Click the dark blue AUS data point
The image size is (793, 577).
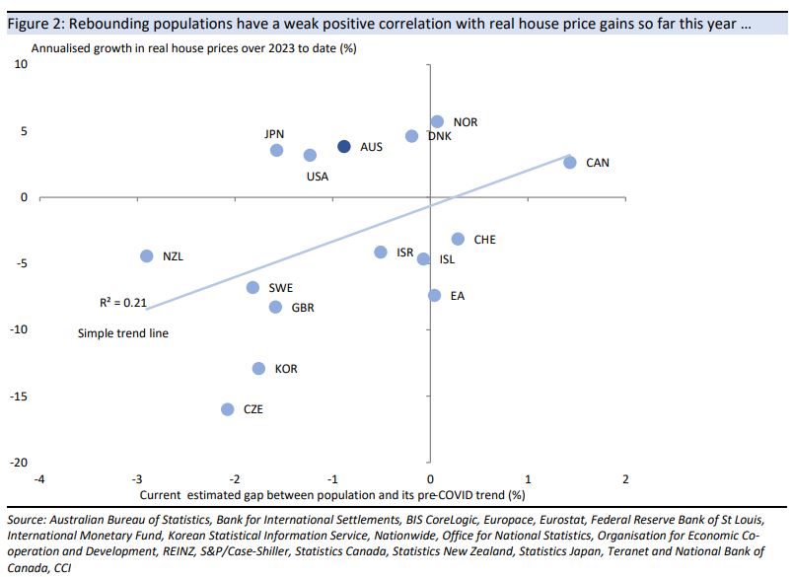pyautogui.click(x=344, y=146)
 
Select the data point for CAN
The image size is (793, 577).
pyautogui.click(x=570, y=162)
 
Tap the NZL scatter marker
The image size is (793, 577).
pyautogui.click(x=147, y=255)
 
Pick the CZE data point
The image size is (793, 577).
pyautogui.click(x=228, y=408)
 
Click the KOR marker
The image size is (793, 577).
pyautogui.click(x=258, y=368)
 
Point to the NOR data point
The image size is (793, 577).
pyautogui.click(x=437, y=121)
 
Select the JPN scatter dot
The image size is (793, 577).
pyautogui.click(x=277, y=150)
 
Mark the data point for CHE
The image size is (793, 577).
pyautogui.click(x=458, y=239)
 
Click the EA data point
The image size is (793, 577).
pyautogui.click(x=434, y=295)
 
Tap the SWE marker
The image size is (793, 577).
pyautogui.click(x=252, y=287)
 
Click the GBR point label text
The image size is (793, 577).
pyautogui.click(x=303, y=308)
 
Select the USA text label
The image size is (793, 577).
pyautogui.click(x=317, y=178)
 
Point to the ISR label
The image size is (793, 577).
pyautogui.click(x=404, y=252)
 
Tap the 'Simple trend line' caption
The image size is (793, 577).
pyautogui.click(x=123, y=333)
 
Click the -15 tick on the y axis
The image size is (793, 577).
pyautogui.click(x=20, y=397)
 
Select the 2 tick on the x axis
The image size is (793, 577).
pyautogui.click(x=625, y=478)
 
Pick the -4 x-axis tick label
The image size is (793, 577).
pyautogui.click(x=38, y=478)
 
